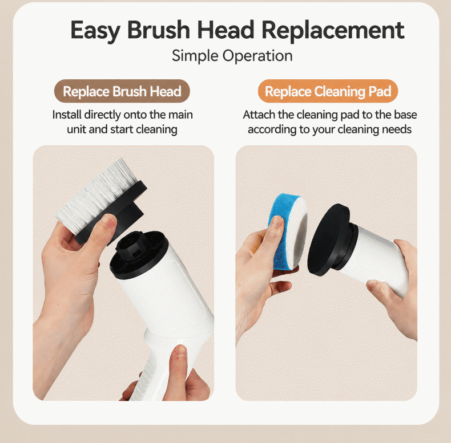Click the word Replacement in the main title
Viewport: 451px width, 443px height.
333,30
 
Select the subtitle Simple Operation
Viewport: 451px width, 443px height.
232,56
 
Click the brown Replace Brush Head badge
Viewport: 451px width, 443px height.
122,91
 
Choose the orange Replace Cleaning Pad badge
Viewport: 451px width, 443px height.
328,91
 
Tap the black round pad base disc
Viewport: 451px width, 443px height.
328,240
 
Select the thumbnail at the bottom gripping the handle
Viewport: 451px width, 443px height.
180,351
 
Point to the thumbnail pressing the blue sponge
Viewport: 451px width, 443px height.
277,222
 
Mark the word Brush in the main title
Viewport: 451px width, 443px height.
159,30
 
